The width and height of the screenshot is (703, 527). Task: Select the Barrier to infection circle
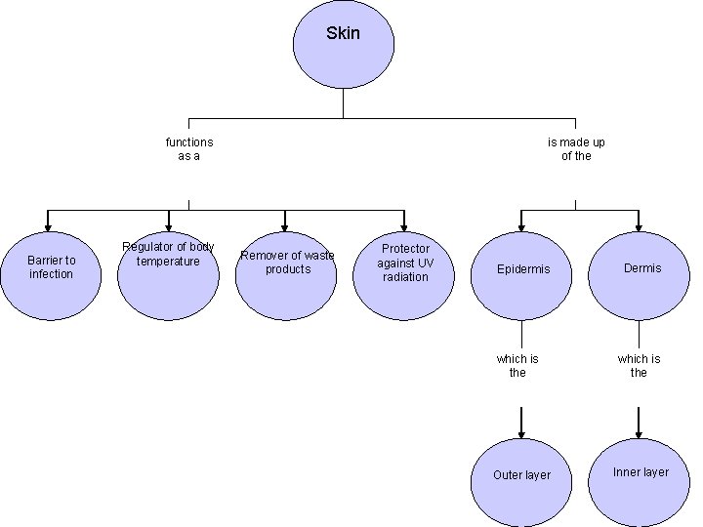pyautogui.click(x=51, y=269)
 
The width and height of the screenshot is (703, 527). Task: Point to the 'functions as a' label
pyautogui.click(x=189, y=149)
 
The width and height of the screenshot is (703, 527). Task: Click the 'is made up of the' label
pyautogui.click(x=576, y=149)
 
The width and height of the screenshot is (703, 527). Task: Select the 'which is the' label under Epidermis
pyautogui.click(x=517, y=366)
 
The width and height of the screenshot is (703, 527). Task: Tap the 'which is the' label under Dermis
pyautogui.click(x=639, y=366)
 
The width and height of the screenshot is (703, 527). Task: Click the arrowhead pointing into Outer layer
pyautogui.click(x=521, y=431)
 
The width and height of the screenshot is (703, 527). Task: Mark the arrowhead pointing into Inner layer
pyautogui.click(x=639, y=431)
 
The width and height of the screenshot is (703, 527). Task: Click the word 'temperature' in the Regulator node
pyautogui.click(x=168, y=262)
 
